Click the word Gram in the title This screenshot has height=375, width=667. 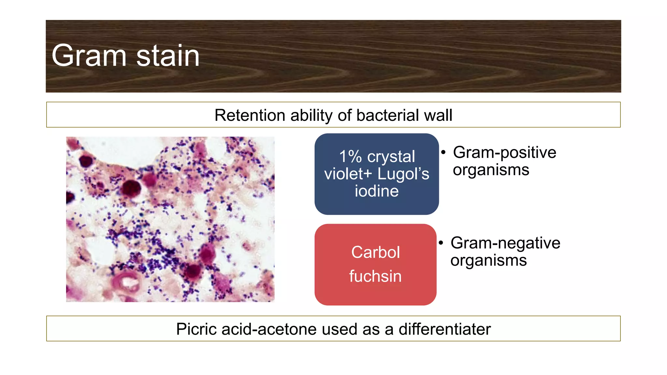point(89,56)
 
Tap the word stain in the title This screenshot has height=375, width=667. point(168,56)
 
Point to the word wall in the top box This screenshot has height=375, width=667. point(438,115)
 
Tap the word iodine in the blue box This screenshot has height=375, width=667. point(376,191)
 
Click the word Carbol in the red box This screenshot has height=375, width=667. point(376,252)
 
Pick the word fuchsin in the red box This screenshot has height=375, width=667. point(375,276)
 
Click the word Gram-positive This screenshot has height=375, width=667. point(504,152)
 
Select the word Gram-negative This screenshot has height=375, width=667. point(505,243)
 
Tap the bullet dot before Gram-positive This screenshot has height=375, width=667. point(443,152)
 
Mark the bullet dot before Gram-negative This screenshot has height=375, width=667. point(441,243)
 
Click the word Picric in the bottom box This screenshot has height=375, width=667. point(196,329)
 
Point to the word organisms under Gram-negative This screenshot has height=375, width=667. point(488,260)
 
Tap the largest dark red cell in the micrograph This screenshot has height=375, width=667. point(131,188)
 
